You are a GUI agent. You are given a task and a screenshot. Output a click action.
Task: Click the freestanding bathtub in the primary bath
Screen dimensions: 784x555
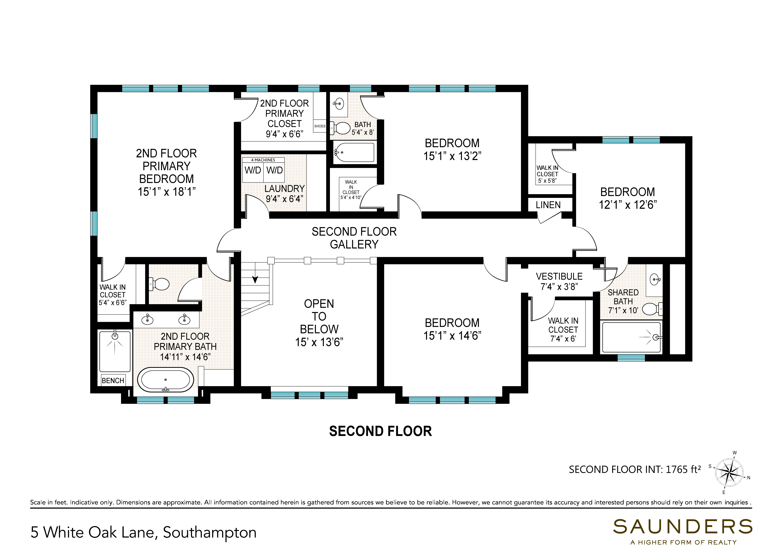[165, 380]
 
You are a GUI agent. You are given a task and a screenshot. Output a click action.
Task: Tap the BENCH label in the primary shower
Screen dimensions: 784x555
[113, 380]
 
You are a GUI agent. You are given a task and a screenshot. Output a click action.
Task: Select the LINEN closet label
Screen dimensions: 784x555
[548, 205]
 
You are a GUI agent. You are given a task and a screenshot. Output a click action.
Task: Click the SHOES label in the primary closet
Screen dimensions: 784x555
[320, 126]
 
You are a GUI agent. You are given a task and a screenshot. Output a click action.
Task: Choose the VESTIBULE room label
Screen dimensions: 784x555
[559, 276]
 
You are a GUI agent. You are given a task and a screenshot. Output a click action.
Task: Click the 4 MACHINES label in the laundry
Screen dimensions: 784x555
[263, 160]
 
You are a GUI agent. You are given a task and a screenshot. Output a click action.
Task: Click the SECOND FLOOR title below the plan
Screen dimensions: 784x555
[380, 431]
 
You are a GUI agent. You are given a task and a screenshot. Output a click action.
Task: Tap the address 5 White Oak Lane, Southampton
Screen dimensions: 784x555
[144, 532]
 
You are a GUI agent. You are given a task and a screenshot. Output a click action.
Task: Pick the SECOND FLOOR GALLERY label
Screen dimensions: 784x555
[354, 238]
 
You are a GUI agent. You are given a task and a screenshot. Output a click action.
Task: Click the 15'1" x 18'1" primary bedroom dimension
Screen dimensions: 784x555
[167, 192]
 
